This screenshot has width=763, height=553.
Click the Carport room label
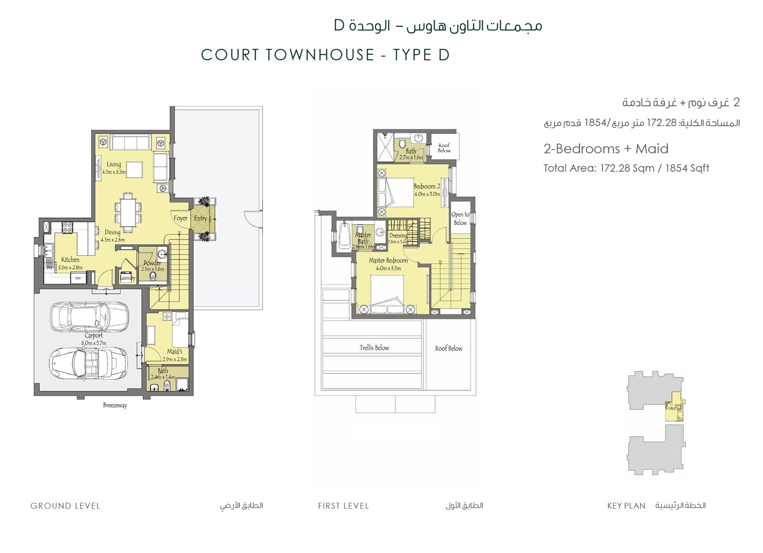94,336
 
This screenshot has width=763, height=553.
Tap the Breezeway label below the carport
115,405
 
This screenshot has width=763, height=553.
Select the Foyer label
180,218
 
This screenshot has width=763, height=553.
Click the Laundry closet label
128,278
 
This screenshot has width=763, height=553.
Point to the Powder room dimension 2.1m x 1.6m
153,269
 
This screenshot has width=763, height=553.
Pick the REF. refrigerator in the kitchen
78,278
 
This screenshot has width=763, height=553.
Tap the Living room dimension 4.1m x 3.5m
114,172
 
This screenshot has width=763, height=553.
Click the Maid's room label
175,352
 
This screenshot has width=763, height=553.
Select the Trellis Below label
374,348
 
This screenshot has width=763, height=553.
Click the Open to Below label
460,219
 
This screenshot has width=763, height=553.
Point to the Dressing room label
398,236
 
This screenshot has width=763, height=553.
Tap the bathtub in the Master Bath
344,235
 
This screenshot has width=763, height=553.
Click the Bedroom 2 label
427,186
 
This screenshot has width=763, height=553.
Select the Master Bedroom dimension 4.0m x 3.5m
388,268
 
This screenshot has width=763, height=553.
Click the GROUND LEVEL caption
65,506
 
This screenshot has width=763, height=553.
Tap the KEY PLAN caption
626,506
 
